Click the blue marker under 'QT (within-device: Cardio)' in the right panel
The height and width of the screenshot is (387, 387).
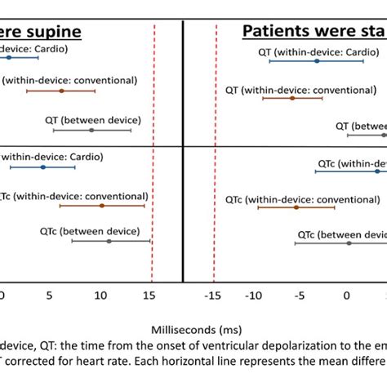(317, 61)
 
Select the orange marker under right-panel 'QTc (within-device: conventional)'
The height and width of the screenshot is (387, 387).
(296, 207)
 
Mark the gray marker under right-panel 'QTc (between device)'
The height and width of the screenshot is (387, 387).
(349, 242)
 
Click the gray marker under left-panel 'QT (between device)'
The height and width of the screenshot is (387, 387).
(91, 130)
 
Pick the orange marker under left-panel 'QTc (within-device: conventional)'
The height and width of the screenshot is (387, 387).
(102, 206)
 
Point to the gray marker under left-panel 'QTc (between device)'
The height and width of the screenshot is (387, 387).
(109, 241)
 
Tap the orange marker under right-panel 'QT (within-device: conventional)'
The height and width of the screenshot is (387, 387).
(291, 98)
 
